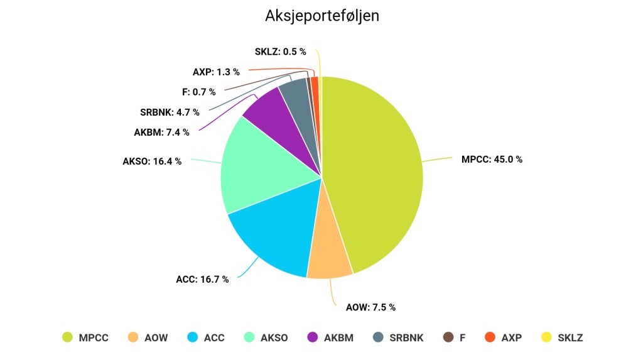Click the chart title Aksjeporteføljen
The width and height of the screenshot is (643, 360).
tap(321, 16)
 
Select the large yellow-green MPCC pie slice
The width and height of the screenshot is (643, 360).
tap(377, 170)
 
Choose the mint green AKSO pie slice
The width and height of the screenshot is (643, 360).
tap(264, 170)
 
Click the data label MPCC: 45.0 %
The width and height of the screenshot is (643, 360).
tap(492, 160)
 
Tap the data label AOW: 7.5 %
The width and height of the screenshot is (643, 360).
tap(370, 307)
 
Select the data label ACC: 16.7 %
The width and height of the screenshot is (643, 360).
tap(202, 279)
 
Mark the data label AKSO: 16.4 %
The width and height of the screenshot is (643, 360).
tap(152, 161)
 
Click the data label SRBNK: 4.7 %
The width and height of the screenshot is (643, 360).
tap(170, 112)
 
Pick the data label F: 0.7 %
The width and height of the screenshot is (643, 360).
tap(198, 92)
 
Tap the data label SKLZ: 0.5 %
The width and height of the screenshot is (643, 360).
tap(280, 52)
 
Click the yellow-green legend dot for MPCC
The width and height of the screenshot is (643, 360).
tap(67, 337)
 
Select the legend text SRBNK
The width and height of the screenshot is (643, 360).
tap(406, 338)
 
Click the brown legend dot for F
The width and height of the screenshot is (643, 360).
tap(448, 337)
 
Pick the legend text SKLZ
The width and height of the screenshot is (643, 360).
tap(570, 338)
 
